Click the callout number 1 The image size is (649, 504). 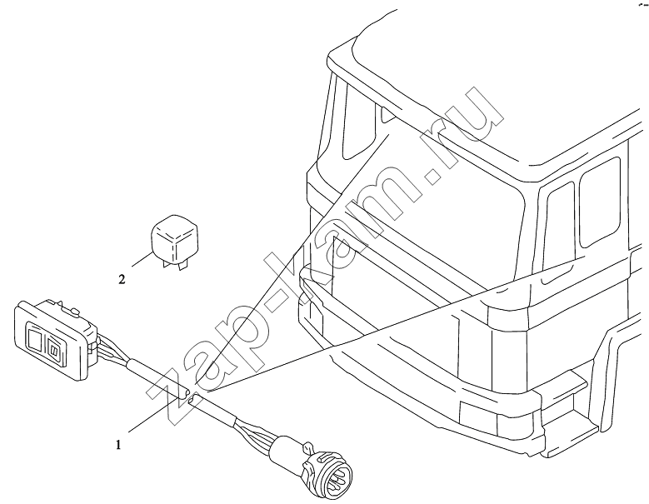119,445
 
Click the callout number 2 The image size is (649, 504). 122,280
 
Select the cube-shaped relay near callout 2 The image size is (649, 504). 174,239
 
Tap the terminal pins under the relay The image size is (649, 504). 172,265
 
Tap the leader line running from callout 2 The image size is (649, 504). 142,259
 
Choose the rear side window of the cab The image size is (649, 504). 600,202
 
